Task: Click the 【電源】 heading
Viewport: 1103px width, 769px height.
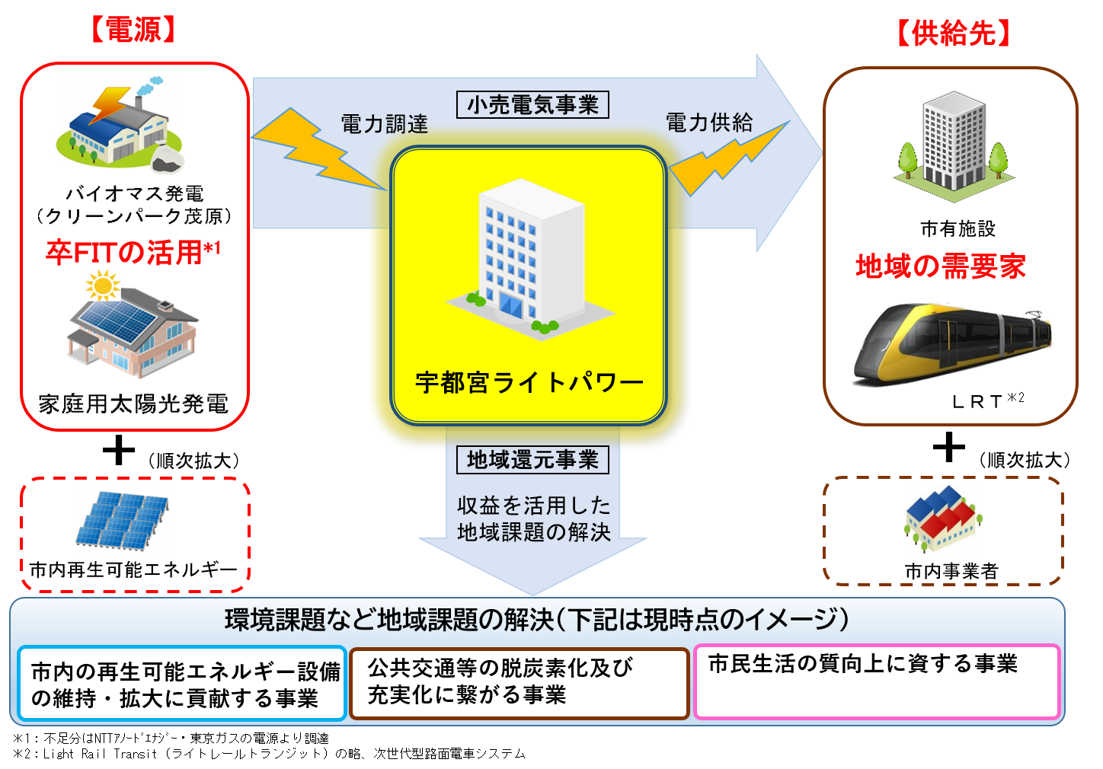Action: click(x=134, y=30)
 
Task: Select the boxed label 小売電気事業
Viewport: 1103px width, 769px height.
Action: click(x=532, y=104)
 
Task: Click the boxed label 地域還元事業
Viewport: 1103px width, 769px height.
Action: click(x=532, y=460)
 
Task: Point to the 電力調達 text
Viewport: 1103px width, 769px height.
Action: click(x=384, y=123)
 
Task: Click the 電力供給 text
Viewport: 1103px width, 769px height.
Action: click(x=709, y=122)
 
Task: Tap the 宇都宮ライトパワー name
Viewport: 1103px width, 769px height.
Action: click(x=529, y=381)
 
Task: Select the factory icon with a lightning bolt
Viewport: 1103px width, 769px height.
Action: click(x=120, y=122)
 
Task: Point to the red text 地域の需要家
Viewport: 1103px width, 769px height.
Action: click(x=941, y=266)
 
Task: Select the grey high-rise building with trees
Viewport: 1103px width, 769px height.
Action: click(x=954, y=145)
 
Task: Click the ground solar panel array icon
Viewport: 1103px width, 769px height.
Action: click(x=122, y=520)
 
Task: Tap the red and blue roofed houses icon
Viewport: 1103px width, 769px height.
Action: click(x=943, y=519)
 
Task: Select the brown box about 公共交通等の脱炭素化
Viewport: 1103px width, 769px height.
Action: click(x=519, y=682)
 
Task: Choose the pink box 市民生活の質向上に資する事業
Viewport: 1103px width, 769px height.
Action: click(x=877, y=681)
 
